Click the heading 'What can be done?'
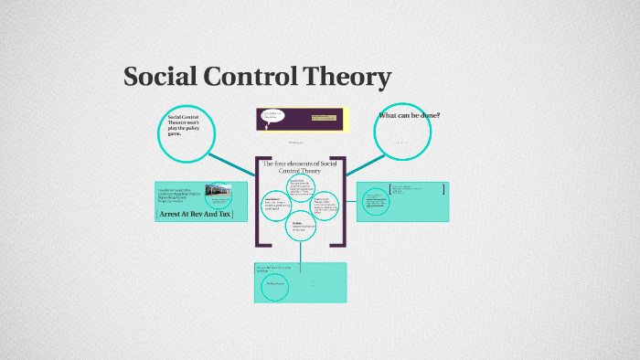(409, 115)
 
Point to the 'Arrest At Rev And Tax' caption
(196, 214)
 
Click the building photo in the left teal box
(219, 194)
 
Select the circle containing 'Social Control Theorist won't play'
(188, 134)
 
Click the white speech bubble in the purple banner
(272, 117)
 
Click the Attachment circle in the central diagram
(277, 206)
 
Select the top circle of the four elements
(301, 186)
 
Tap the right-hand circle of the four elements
(325, 205)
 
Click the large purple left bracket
(260, 201)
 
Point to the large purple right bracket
(342, 201)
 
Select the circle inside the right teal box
(376, 201)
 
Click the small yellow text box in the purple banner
(325, 118)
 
